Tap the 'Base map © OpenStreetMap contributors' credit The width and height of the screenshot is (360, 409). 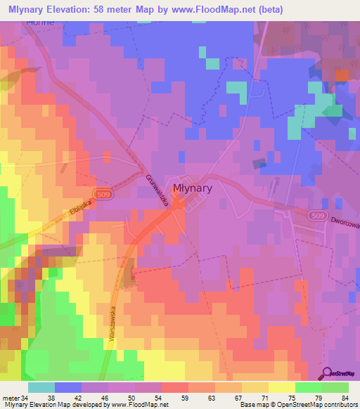(x=297, y=405)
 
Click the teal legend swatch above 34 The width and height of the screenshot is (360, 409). (x=41, y=387)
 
